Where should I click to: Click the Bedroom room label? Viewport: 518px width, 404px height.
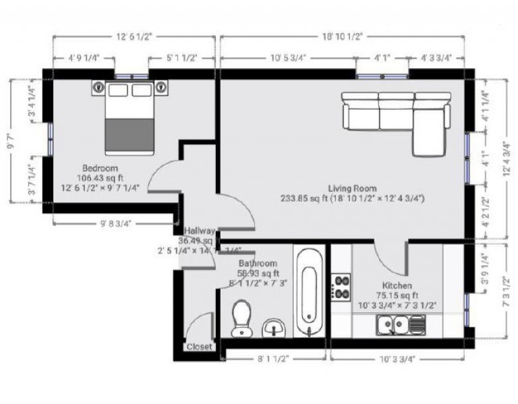pos(100,168)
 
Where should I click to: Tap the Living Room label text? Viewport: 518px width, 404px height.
pos(352,188)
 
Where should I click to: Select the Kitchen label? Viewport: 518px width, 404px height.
pos(397,285)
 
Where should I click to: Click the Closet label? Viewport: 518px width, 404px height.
pos(199,347)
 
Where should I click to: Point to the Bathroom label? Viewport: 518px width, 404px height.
pos(257,263)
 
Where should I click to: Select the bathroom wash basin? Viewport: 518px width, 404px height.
pos(274,327)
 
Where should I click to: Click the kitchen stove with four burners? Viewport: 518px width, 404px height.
pos(341,287)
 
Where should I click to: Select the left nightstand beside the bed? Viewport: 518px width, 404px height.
pos(98,87)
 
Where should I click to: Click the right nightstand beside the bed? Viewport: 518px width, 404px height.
pos(161,87)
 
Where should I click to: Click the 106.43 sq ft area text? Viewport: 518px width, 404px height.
pos(99,178)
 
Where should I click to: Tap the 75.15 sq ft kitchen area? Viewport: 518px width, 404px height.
pos(397,295)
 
